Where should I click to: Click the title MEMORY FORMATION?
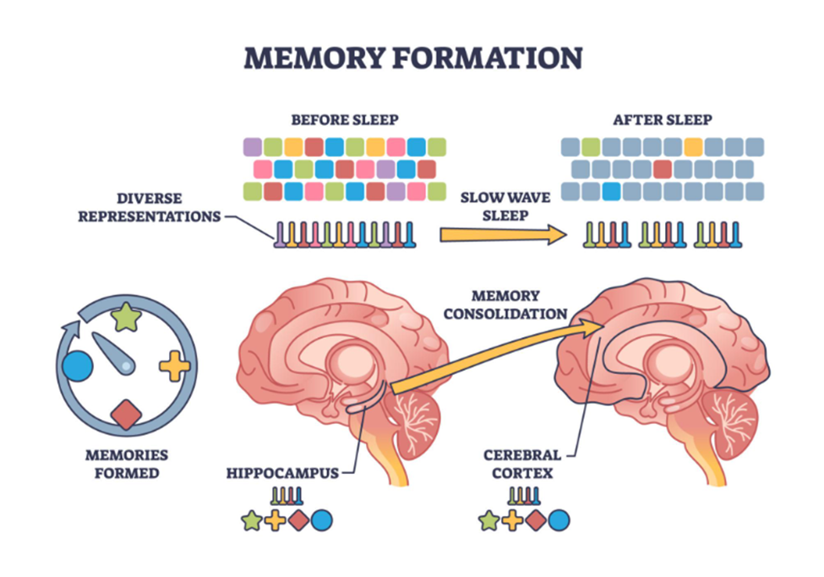click(x=412, y=57)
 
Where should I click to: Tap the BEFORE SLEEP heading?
click(x=344, y=120)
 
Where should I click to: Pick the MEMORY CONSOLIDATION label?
click(x=506, y=304)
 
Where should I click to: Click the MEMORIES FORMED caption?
click(x=126, y=464)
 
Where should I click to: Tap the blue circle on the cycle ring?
click(x=77, y=366)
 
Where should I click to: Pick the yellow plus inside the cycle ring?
click(x=174, y=366)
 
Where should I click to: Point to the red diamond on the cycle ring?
click(x=127, y=414)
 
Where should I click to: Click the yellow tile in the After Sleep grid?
click(x=693, y=147)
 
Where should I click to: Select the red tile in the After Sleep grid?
click(x=663, y=169)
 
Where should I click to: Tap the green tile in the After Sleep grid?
click(x=592, y=147)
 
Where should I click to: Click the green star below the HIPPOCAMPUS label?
click(x=251, y=520)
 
